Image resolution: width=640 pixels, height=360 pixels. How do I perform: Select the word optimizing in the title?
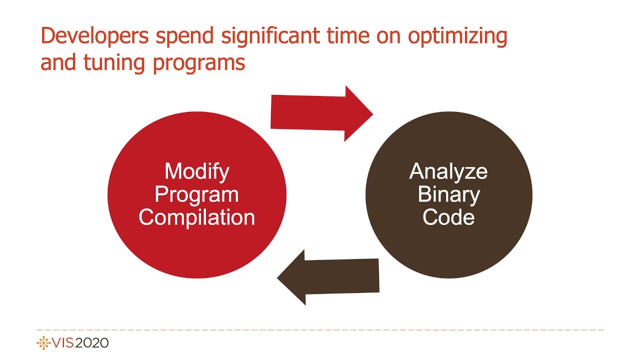tap(456, 37)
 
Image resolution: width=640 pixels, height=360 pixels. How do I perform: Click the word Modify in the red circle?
tap(197, 171)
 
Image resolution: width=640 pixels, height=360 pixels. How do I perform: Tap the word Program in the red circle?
tap(197, 195)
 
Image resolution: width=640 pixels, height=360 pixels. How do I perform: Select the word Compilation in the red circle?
tap(197, 217)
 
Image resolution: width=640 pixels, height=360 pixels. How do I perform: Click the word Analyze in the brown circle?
tap(448, 171)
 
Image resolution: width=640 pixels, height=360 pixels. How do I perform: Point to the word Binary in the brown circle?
tap(448, 194)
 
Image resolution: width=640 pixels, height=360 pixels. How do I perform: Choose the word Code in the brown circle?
tap(448, 217)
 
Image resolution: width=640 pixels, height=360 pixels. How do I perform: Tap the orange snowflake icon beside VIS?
tap(44, 343)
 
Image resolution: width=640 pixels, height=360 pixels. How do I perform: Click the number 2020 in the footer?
tap(92, 343)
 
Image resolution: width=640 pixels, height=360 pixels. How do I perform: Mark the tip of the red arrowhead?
tap(372, 113)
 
